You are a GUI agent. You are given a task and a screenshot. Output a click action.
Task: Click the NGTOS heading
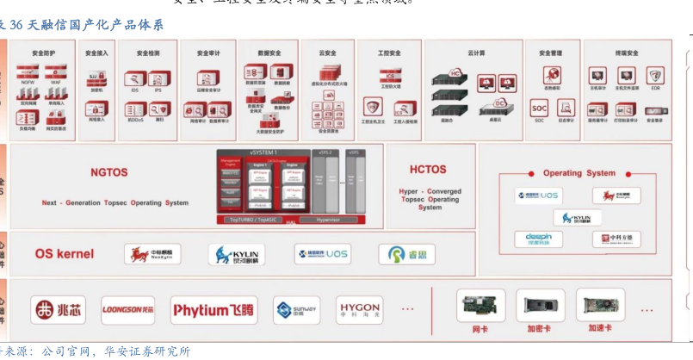coord(109,172)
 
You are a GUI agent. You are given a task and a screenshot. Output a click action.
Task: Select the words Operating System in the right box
coord(574,173)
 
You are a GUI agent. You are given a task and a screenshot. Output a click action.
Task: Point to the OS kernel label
coord(65,254)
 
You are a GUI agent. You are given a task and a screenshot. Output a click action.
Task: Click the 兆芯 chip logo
coord(58,310)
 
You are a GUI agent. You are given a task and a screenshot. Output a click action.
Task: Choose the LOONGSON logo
coord(127,310)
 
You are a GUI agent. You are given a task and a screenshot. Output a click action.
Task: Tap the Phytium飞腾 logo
coord(213,310)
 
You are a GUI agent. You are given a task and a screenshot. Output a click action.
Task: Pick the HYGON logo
coord(360,309)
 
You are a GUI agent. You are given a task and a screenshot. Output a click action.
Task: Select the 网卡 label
coord(481,328)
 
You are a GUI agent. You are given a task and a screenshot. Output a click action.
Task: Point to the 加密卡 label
coord(540,328)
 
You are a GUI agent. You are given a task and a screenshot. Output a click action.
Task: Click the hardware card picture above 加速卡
coord(601,305)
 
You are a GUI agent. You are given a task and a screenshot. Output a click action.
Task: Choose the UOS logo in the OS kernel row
coord(323,254)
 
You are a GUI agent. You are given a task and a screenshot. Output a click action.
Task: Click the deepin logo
coord(540,240)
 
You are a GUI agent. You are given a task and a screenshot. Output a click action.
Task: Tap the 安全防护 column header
coord(42,53)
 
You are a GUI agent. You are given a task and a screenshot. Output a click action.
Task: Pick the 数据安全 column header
coord(269,53)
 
